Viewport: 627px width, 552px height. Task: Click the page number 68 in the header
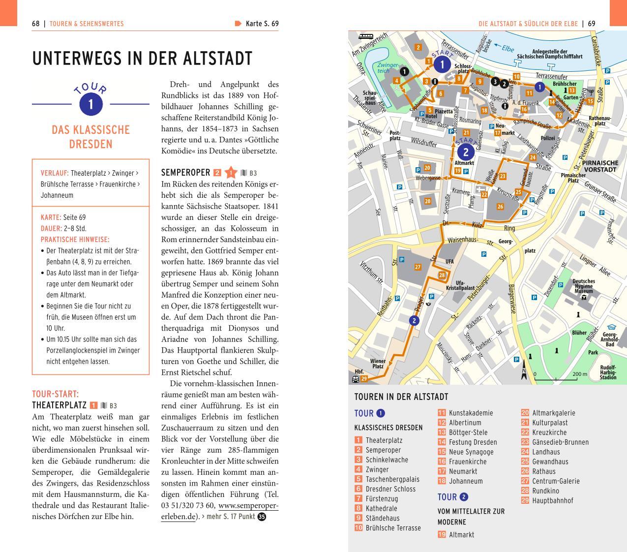click(x=35, y=24)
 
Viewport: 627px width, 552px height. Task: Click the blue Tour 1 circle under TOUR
click(x=90, y=104)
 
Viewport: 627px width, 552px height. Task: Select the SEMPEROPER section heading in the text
click(x=185, y=173)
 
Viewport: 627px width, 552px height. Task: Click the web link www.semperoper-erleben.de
click(x=219, y=511)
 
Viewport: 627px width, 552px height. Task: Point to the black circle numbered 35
click(x=262, y=517)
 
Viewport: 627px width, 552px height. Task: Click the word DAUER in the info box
click(x=51, y=228)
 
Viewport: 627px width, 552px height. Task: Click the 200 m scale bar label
click(x=580, y=374)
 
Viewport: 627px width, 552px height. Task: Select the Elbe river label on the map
click(x=508, y=49)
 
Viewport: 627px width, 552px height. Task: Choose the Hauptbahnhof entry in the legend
click(x=552, y=500)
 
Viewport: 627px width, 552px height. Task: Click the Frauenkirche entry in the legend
click(x=467, y=461)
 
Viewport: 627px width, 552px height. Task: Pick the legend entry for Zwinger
click(x=377, y=469)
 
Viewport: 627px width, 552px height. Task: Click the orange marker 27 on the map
click(x=418, y=267)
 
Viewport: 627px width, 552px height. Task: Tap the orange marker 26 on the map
click(x=500, y=207)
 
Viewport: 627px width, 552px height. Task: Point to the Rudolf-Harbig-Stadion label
click(x=608, y=372)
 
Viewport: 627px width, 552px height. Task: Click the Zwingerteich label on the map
click(x=388, y=68)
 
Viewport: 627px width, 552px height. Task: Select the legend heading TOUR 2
click(x=452, y=497)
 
